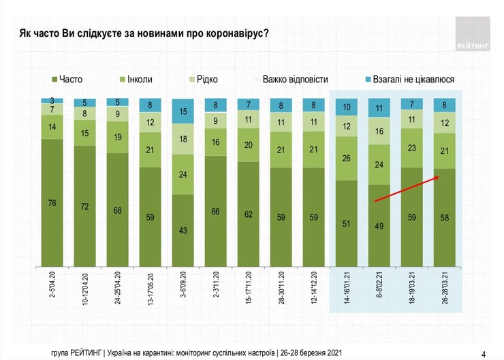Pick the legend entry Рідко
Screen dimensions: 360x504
pos(203,80)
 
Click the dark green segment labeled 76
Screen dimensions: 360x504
pos(52,202)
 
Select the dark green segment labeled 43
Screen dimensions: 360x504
pos(183,230)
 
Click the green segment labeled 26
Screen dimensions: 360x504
pos(347,158)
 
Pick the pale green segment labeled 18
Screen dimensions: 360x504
pos(183,138)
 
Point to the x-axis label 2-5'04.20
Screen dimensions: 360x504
pos(52,286)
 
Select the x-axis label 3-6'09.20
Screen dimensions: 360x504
pos(183,286)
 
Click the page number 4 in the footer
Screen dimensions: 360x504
pos(483,353)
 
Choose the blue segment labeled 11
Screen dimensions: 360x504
pos(379,108)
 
